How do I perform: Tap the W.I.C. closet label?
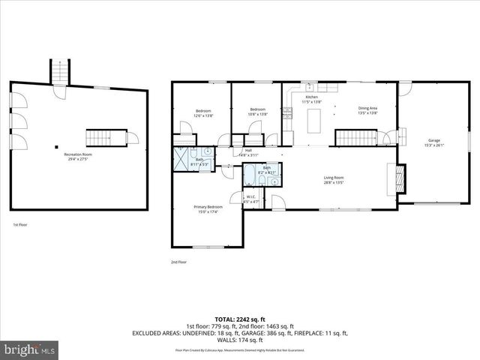coord(251,199)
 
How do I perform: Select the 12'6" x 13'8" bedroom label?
coord(203,113)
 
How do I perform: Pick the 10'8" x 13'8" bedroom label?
coord(258,112)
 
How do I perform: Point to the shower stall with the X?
coord(182,158)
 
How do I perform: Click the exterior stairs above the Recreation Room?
coord(58,72)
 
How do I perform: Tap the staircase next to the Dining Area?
coord(353,138)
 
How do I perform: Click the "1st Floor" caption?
coord(19,224)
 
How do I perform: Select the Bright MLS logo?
coord(30,349)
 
